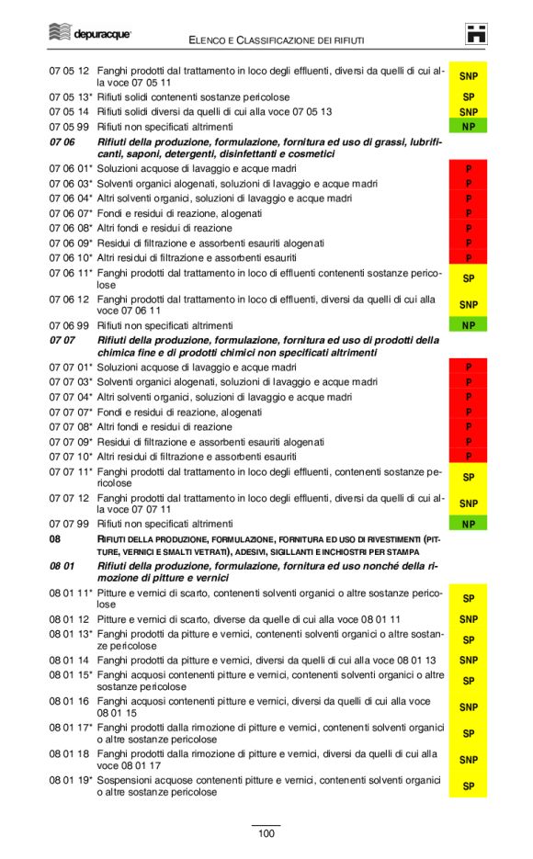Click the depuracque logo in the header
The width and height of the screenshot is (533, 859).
point(89,34)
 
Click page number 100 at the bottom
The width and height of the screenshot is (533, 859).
point(266,833)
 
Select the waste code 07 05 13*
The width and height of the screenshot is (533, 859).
point(71,96)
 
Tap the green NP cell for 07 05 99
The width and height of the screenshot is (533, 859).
point(468,126)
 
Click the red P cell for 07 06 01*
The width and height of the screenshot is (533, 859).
point(468,169)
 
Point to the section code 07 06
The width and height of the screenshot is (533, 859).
point(62,141)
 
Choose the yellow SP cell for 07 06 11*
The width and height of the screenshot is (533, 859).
point(468,278)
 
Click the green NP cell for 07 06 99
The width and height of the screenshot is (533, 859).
point(468,325)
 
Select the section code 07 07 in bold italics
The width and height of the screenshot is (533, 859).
point(62,340)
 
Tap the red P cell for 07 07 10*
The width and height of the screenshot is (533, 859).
point(468,456)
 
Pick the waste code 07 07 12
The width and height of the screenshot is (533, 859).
point(69,498)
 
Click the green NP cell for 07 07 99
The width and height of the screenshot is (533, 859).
point(468,525)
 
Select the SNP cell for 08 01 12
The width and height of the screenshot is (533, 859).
point(468,619)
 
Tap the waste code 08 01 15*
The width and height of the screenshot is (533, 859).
point(71,674)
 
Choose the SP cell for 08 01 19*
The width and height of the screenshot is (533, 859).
point(468,786)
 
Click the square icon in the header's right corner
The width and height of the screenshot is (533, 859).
point(476,34)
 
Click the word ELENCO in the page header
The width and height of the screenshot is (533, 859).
point(210,40)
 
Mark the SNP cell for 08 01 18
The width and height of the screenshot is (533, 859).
point(468,760)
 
